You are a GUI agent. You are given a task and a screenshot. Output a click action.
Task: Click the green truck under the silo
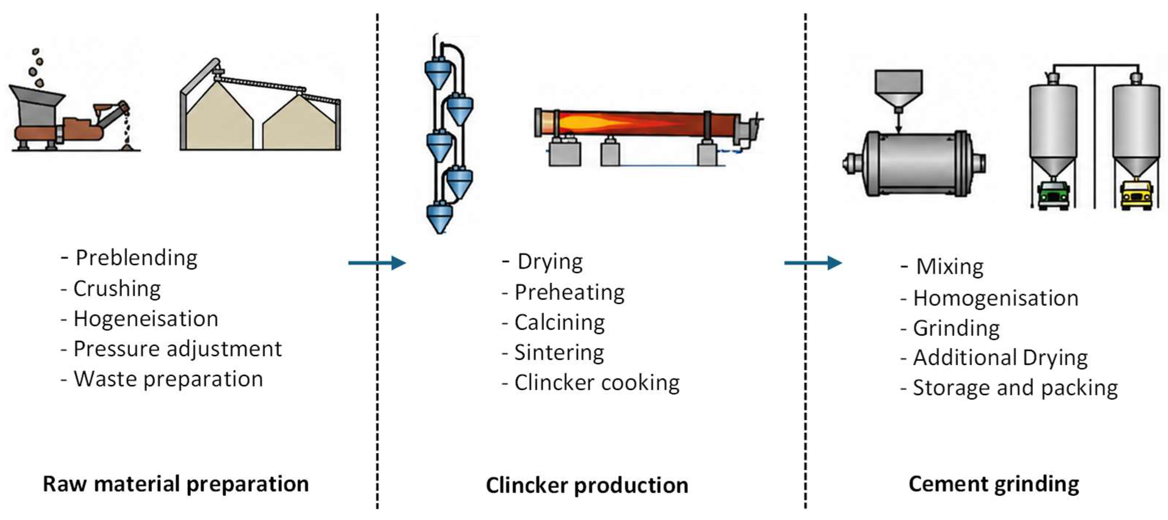[x=1053, y=195]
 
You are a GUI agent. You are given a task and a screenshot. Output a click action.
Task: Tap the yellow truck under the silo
[x=1136, y=195]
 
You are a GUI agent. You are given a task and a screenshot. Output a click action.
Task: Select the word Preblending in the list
[x=137, y=258]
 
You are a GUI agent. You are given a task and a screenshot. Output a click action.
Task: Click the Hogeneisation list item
[x=140, y=318]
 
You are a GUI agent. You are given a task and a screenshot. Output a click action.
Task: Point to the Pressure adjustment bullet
[x=171, y=349]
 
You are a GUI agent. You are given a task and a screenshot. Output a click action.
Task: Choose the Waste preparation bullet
[x=162, y=379]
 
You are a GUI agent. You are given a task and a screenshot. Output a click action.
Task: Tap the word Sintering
[x=559, y=353]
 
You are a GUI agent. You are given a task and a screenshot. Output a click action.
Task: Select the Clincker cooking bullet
[x=591, y=383]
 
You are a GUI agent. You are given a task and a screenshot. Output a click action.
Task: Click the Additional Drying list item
[x=994, y=358]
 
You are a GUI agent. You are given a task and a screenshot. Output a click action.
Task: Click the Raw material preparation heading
[x=176, y=484]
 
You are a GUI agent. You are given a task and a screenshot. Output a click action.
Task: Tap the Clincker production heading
[x=587, y=485]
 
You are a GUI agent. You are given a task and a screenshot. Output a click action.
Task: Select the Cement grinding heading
[x=994, y=484]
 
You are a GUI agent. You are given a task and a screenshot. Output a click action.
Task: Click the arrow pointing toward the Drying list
[x=377, y=262]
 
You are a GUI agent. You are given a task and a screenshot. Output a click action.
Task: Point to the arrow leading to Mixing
[x=813, y=262]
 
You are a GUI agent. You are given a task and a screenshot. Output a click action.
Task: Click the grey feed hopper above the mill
[x=898, y=89]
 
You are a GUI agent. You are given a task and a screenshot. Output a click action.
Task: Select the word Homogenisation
[x=996, y=298]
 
